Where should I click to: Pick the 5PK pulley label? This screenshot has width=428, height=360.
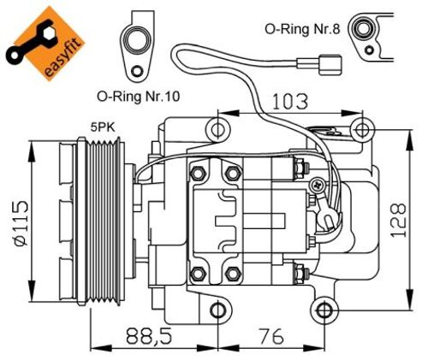click(104, 127)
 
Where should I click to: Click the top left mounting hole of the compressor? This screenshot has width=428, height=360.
click(219, 131)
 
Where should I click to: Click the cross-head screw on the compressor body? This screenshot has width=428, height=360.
click(318, 183)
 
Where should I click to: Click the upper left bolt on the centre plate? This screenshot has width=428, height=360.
click(198, 174)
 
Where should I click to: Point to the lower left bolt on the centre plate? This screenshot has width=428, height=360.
click(198, 274)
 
